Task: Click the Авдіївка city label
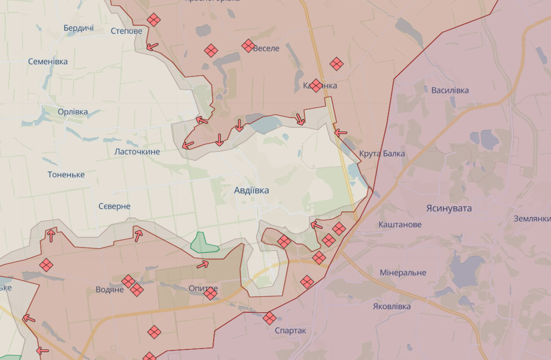[252, 190]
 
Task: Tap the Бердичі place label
[79, 28]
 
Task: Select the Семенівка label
[48, 61]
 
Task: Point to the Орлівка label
[73, 112]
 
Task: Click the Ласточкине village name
[137, 151]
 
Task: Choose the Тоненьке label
[66, 174]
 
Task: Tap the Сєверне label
[114, 206]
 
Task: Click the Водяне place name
[110, 289]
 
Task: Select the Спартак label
[290, 331]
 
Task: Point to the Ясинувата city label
[449, 208]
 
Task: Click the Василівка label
[450, 90]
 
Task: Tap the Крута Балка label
[382, 154]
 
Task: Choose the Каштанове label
[400, 224]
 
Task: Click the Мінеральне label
[403, 273]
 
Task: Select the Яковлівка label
[392, 306]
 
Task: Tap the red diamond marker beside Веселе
[248, 46]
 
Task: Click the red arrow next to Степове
[153, 47]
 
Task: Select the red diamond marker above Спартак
[269, 318]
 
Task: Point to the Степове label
[127, 31]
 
